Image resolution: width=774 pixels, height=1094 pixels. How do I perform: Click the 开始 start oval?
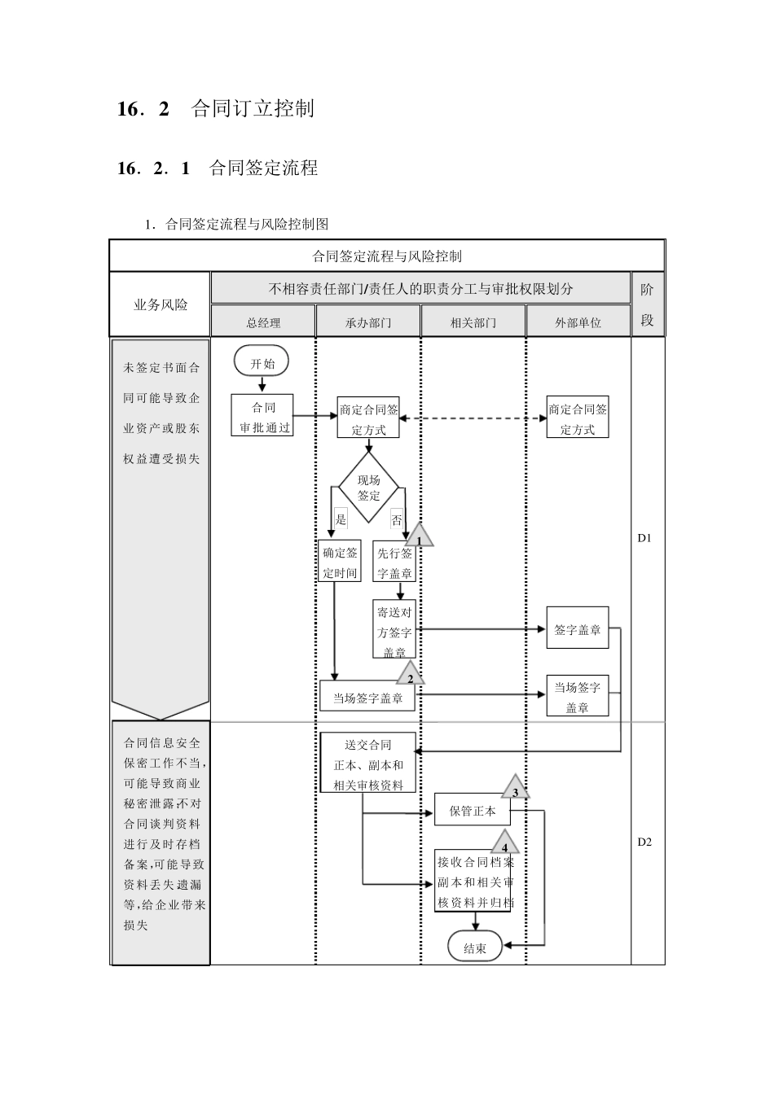(262, 362)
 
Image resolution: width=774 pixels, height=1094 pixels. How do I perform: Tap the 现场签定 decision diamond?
(368, 488)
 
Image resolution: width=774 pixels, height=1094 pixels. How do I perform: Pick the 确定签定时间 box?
(340, 562)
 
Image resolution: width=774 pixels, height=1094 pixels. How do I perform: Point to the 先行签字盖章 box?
(394, 562)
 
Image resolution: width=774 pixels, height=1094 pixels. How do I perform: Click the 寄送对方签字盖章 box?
(394, 631)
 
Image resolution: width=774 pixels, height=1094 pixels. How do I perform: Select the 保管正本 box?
(473, 811)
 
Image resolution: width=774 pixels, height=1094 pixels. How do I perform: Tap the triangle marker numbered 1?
(419, 537)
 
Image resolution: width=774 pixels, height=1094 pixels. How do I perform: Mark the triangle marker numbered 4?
(505, 844)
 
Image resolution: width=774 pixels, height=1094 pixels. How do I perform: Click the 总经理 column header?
(263, 322)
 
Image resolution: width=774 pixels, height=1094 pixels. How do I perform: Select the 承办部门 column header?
(368, 322)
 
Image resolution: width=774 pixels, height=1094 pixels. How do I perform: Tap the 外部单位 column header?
(578, 322)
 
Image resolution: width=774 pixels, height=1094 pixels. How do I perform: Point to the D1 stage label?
(644, 537)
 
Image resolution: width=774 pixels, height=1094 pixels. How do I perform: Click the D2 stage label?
(644, 842)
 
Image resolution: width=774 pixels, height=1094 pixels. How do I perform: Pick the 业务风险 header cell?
(161, 304)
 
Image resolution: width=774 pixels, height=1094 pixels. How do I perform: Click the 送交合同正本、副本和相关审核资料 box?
(368, 764)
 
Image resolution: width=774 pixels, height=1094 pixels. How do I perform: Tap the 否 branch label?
(397, 520)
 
